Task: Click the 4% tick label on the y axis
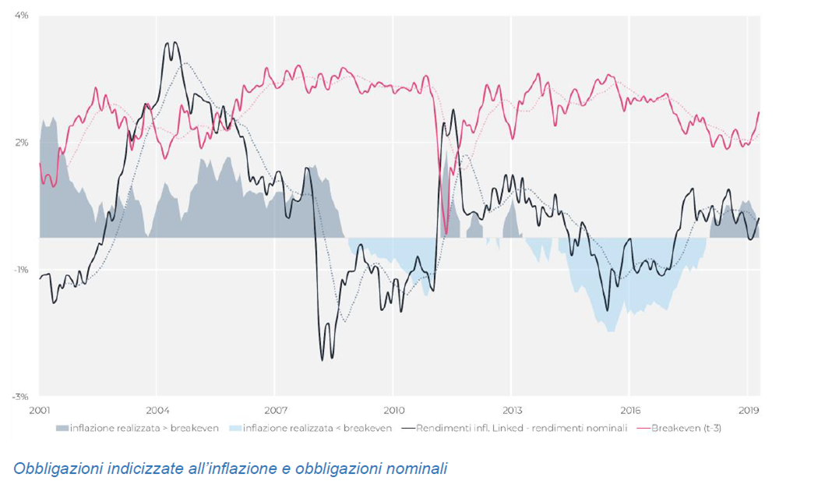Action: (x=22, y=16)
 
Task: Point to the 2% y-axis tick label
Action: (x=22, y=143)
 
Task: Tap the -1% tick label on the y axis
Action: (x=21, y=270)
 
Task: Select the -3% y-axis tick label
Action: (x=21, y=397)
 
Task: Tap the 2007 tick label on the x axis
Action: (x=275, y=410)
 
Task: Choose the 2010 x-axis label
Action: (x=393, y=410)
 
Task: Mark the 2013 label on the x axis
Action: (x=511, y=410)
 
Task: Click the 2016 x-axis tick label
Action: (x=629, y=410)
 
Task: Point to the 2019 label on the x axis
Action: (x=748, y=410)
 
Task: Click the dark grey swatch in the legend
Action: (x=62, y=428)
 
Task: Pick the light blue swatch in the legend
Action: (x=235, y=428)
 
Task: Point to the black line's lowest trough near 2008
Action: (x=323, y=360)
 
